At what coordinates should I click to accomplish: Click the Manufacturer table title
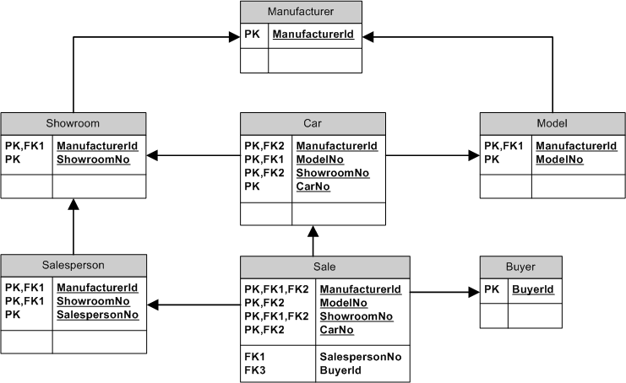301,12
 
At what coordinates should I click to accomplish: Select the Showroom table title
73,123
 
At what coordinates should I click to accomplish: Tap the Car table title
313,124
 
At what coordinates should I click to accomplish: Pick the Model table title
551,123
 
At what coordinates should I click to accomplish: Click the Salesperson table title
73,265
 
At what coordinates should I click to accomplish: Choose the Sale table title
324,267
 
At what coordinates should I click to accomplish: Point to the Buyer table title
520,267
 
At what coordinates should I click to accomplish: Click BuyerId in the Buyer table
533,289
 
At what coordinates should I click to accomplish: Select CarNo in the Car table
313,186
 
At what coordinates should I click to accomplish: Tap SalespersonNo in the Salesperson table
97,316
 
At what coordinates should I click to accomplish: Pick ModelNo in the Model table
558,159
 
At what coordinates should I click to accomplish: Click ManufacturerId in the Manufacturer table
313,35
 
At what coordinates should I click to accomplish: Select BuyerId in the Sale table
341,370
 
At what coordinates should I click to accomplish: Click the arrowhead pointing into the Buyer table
474,293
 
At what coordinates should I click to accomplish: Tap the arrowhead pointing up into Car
313,230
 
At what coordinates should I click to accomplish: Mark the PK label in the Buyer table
492,289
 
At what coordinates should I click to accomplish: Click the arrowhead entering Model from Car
474,156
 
